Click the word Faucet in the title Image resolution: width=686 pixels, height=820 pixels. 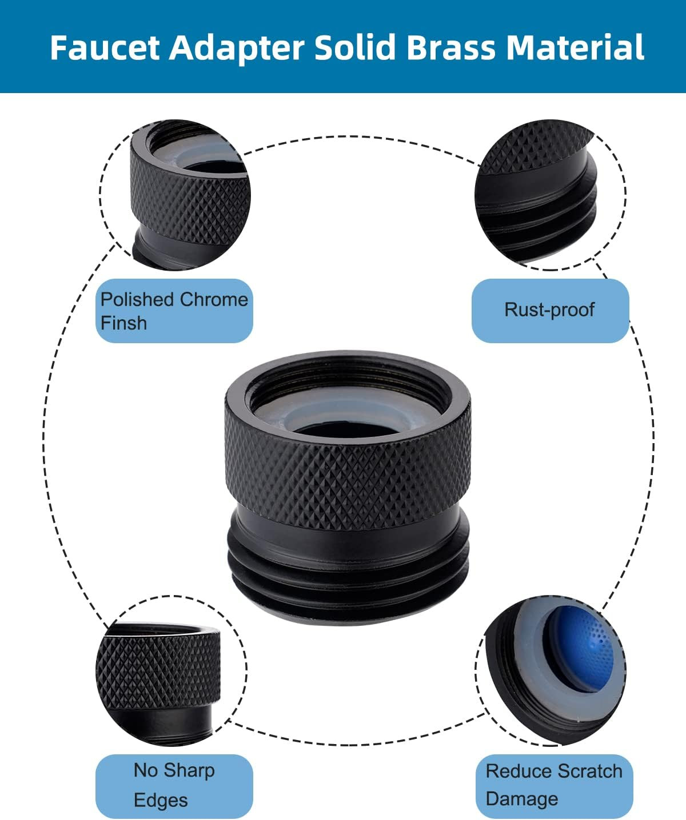click(x=105, y=47)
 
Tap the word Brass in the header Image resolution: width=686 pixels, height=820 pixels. click(x=451, y=47)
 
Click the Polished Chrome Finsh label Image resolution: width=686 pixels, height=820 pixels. click(x=174, y=311)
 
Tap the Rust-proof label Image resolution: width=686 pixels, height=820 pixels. click(x=550, y=310)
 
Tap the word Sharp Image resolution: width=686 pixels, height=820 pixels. click(x=189, y=771)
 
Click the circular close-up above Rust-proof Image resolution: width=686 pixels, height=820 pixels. click(x=550, y=195)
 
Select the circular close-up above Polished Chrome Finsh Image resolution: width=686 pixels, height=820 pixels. click(x=175, y=195)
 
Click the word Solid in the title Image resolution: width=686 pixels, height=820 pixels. click(x=355, y=47)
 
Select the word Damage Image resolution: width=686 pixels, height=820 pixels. click(x=522, y=799)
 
